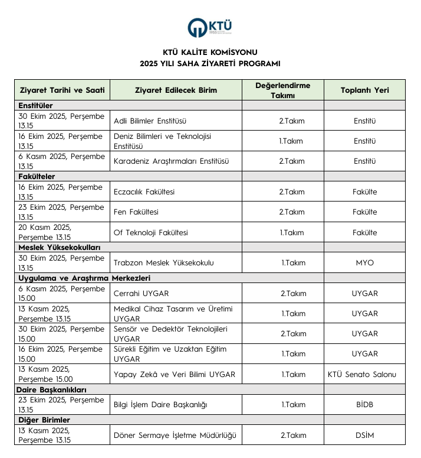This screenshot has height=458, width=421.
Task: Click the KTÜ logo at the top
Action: [x=210, y=27]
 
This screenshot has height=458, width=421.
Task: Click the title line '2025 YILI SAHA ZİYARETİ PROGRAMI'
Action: [x=210, y=64]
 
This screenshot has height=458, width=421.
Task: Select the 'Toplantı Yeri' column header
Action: [x=364, y=90]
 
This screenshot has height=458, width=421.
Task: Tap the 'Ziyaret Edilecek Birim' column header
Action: [x=176, y=90]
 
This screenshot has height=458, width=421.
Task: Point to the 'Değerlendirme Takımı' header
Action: [x=282, y=90]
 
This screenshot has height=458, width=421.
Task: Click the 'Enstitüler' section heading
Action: [x=36, y=105]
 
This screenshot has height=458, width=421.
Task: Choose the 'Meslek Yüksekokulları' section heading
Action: [x=60, y=247]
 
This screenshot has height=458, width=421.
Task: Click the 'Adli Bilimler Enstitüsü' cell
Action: [x=150, y=121]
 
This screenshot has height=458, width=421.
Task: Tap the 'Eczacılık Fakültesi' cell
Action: [x=144, y=192]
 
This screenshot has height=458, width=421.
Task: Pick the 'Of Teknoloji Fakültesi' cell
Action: [x=150, y=232]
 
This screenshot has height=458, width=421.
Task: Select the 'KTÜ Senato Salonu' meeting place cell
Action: [x=364, y=374]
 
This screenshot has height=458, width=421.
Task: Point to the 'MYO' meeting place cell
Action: [x=364, y=262]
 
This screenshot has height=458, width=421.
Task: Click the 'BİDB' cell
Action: [x=364, y=405]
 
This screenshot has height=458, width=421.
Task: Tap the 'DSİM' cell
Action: [x=364, y=436]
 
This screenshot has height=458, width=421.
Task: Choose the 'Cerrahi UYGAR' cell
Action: [x=141, y=293]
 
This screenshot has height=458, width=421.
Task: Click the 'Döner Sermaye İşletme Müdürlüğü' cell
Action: [x=175, y=436]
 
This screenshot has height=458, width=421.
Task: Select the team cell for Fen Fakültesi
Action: [x=292, y=212]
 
